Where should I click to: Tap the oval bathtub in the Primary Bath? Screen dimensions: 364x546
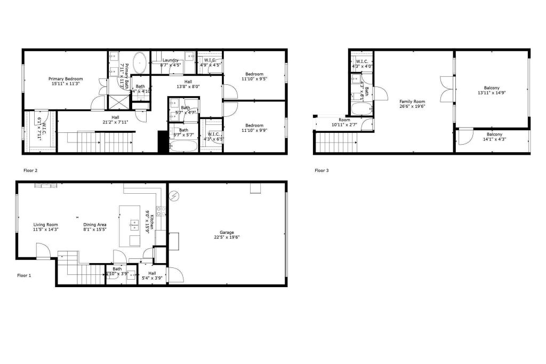pos(140,62)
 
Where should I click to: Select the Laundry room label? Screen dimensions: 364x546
pos(171,60)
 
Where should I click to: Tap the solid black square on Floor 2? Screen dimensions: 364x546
pos(163,142)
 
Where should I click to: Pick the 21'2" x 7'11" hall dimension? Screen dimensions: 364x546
pos(116,122)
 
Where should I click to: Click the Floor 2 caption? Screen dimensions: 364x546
pos(30,170)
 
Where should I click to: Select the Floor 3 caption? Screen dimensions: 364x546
pos(322,171)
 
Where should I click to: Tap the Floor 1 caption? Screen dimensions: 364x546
pos(25,275)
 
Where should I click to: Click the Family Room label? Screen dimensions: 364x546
pos(412,101)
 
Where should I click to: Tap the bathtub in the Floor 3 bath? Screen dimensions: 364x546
pos(361,109)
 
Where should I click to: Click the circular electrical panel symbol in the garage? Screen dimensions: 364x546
pos(175,196)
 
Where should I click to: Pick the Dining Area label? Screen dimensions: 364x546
pos(95,225)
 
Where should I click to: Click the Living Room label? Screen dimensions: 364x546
pos(45,225)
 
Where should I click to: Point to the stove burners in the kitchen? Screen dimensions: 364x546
pos(158,210)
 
